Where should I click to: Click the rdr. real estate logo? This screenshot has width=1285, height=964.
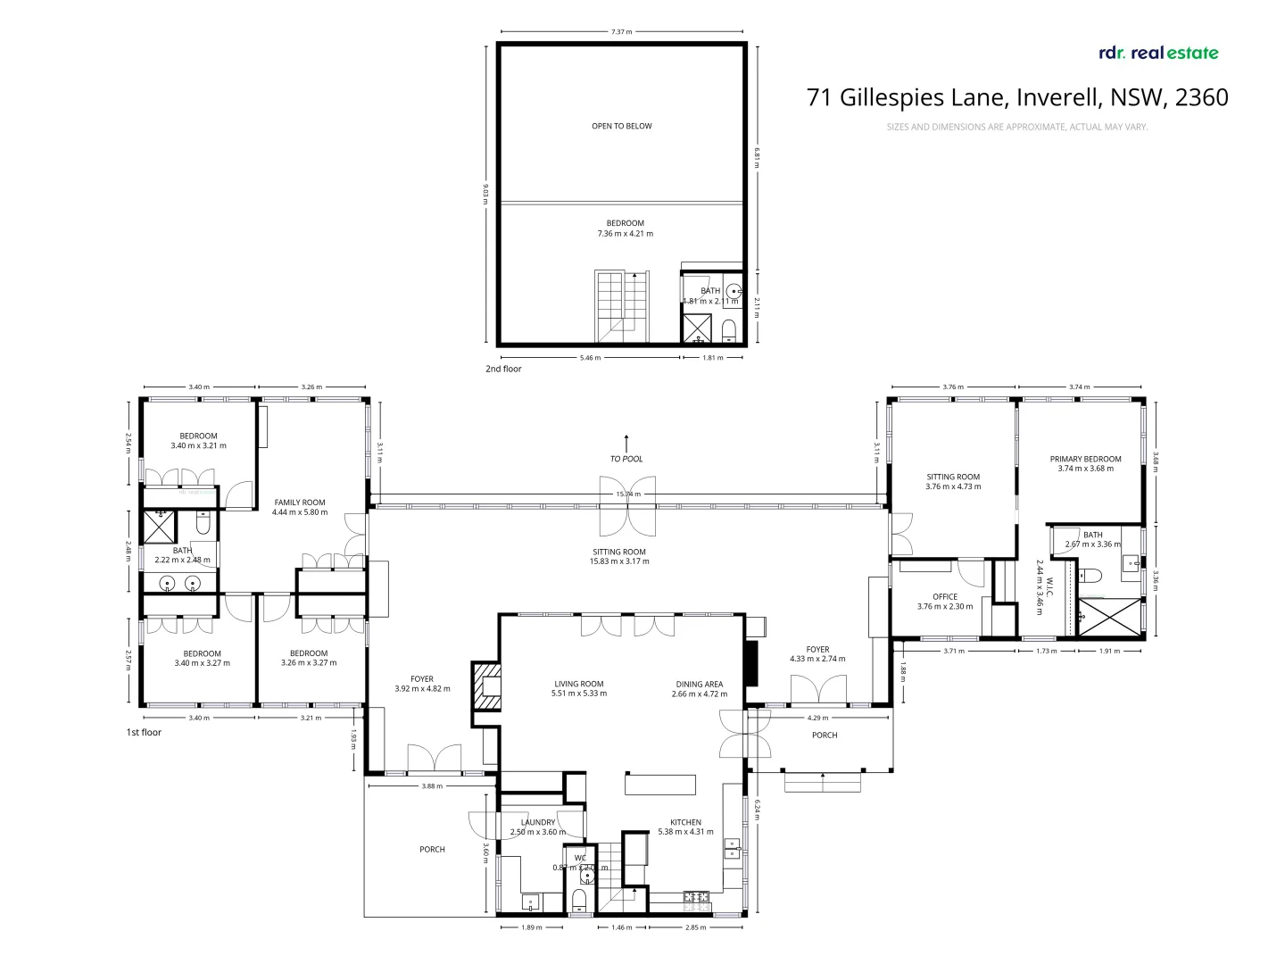click(x=1158, y=53)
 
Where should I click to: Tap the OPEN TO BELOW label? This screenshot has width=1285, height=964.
click(x=621, y=126)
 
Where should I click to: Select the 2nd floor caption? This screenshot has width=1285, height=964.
click(x=503, y=369)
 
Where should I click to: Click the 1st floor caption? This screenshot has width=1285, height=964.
click(x=144, y=732)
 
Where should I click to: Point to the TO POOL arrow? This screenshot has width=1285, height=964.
click(x=626, y=443)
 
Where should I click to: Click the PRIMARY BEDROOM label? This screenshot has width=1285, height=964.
click(x=1085, y=459)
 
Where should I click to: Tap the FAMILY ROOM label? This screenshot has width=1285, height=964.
click(x=300, y=503)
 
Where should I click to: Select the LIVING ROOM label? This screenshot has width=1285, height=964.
click(x=578, y=684)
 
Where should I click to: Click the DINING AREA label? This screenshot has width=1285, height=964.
click(x=699, y=684)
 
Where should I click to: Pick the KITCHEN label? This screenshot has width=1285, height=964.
click(x=685, y=822)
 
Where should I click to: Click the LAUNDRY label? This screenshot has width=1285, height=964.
click(x=538, y=822)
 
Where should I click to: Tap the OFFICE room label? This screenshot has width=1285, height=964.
click(x=944, y=596)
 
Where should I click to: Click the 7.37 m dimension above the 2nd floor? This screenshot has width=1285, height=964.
click(x=621, y=32)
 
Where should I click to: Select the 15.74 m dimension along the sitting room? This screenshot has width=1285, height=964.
click(x=627, y=494)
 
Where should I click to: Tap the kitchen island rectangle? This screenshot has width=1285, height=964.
click(x=659, y=784)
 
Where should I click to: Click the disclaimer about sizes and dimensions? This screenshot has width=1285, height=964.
click(x=1016, y=127)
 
